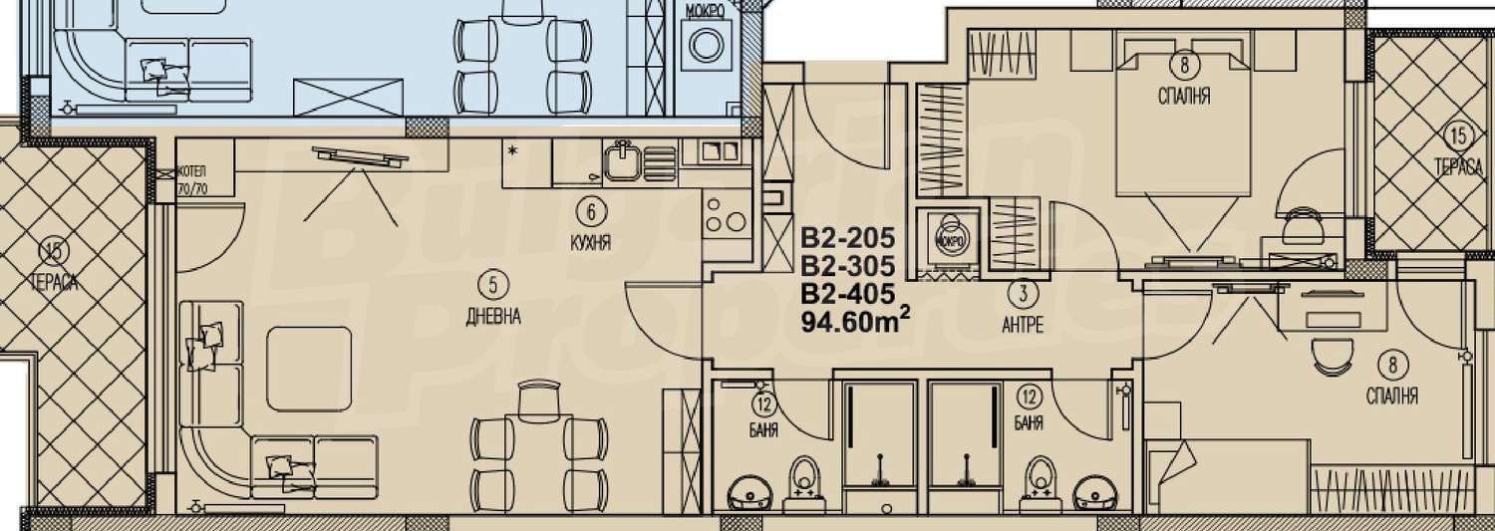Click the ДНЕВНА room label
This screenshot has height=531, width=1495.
[x=492, y=317]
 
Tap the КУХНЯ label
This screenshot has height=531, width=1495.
[x=591, y=243]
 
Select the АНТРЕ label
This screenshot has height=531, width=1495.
[x=1023, y=325]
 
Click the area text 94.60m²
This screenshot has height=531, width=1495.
[x=855, y=322]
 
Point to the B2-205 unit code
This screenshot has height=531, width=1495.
[x=847, y=237]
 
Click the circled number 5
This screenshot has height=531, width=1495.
[x=493, y=286]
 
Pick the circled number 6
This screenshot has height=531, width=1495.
[x=591, y=212]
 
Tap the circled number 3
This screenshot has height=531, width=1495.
[x=1023, y=292]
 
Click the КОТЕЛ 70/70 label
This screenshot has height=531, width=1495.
[x=193, y=180]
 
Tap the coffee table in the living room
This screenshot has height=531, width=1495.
[x=309, y=369]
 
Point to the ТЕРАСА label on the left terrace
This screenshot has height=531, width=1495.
[x=55, y=283]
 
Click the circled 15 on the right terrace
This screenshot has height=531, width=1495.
[x=1458, y=136]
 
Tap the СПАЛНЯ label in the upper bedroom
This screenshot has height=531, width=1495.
[x=1184, y=96]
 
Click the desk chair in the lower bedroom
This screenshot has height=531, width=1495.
[x=1332, y=361]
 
